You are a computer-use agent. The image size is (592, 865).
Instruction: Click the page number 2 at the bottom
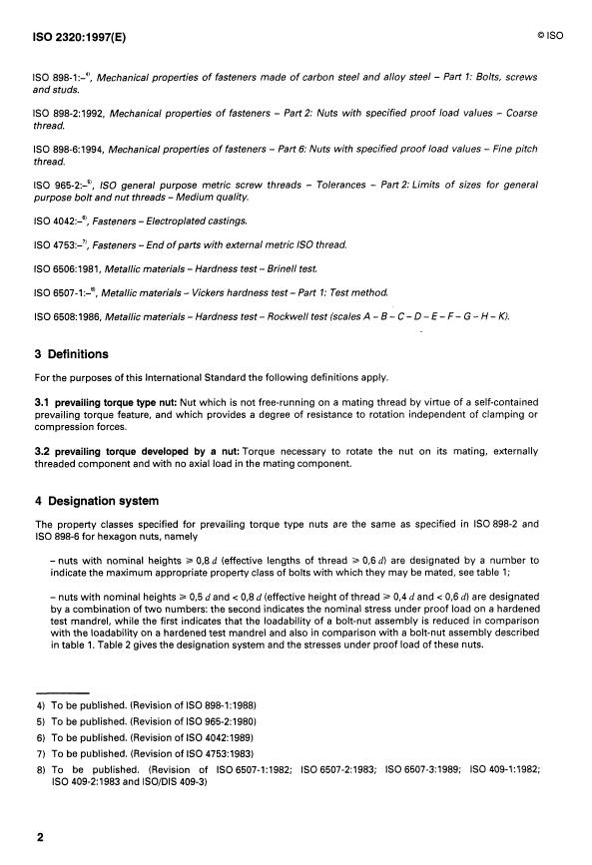coord(41,837)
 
